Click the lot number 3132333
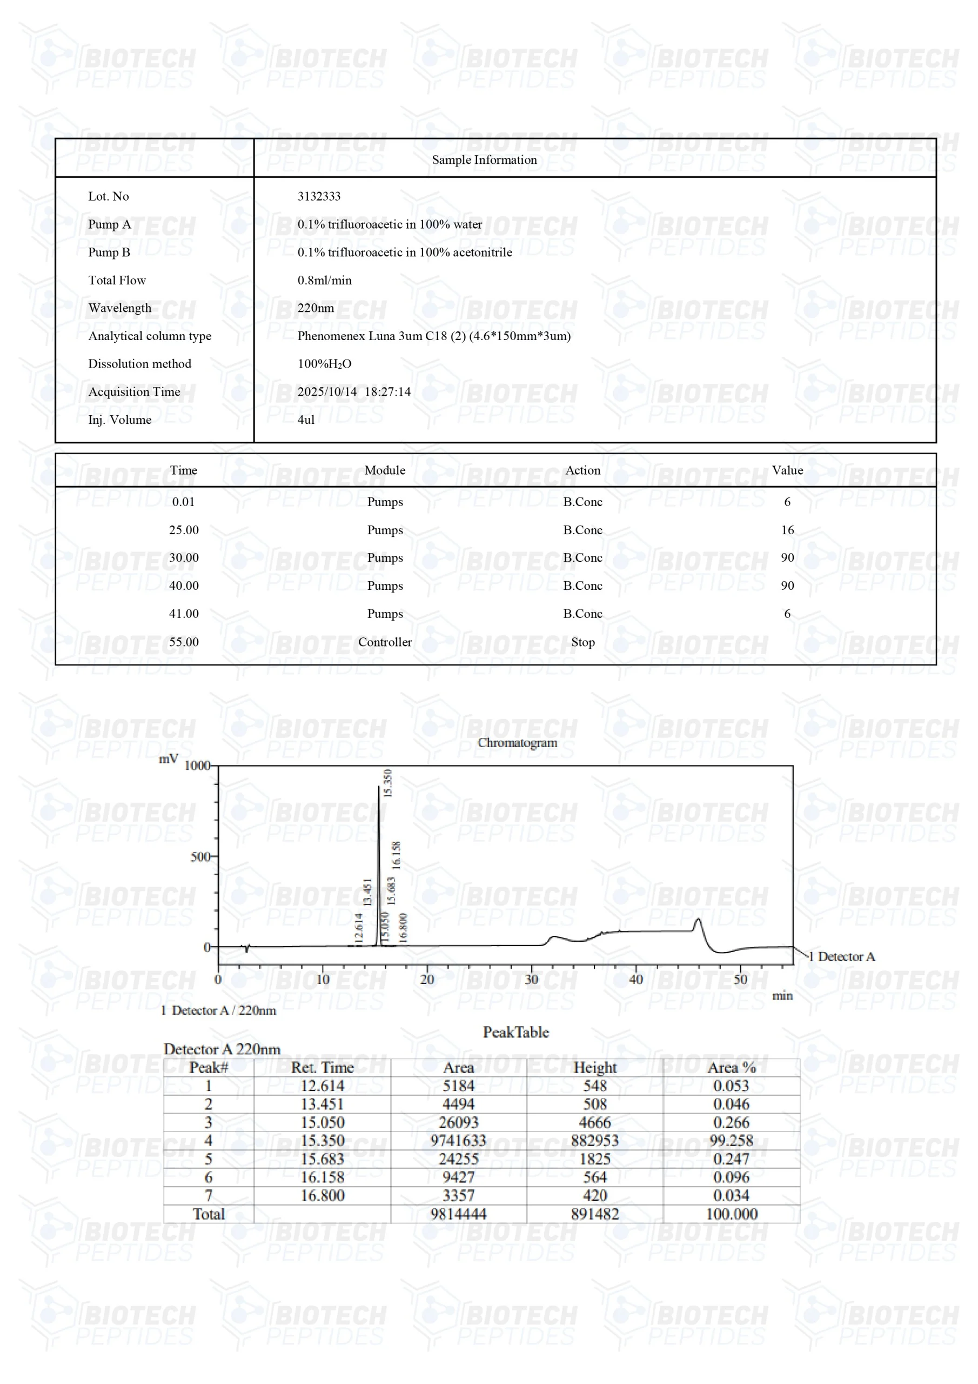click(x=319, y=196)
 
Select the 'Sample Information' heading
click(x=484, y=159)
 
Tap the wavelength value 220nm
click(x=315, y=308)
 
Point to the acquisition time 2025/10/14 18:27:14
click(x=354, y=392)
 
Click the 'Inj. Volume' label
click(x=119, y=420)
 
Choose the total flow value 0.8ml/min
click(x=324, y=280)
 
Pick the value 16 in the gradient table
click(x=787, y=530)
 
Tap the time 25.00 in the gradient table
click(x=183, y=530)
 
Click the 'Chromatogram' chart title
click(x=517, y=743)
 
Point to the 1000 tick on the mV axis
click(x=197, y=766)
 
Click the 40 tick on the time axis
click(x=636, y=980)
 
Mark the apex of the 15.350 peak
click(x=379, y=787)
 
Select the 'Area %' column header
click(x=731, y=1068)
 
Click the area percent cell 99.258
click(x=731, y=1141)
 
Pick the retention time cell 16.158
click(x=323, y=1177)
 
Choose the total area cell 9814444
click(x=458, y=1214)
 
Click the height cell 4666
click(x=594, y=1122)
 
